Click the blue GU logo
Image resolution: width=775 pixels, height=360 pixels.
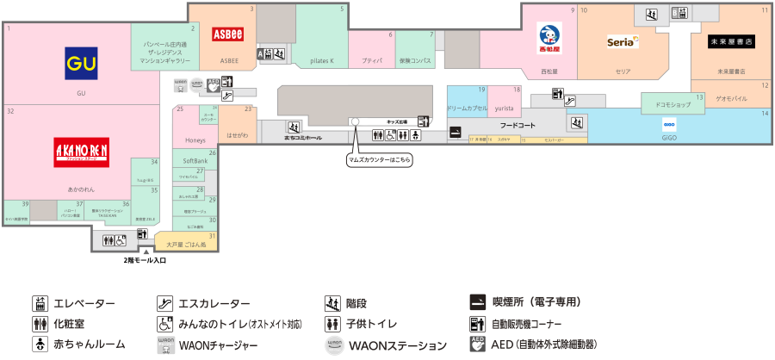click(x=82, y=63)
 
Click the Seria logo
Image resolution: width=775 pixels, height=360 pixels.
click(x=623, y=40)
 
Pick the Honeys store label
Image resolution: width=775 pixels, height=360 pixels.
click(x=193, y=140)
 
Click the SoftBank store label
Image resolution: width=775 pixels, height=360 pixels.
click(x=195, y=161)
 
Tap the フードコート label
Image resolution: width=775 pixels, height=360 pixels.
click(x=518, y=126)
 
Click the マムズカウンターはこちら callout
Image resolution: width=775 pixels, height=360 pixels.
click(x=379, y=160)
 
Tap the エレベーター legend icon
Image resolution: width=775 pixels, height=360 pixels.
click(x=40, y=304)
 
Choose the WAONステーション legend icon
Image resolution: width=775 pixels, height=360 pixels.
click(x=335, y=344)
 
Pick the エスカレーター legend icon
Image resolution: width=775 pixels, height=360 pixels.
click(x=164, y=304)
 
